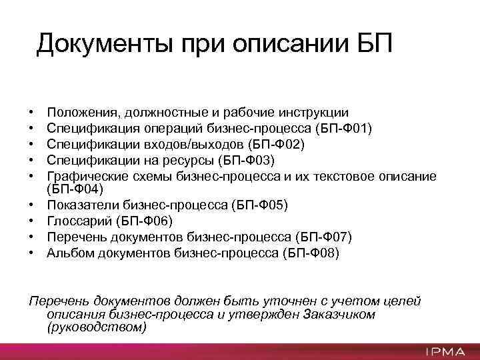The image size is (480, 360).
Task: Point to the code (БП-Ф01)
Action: [x=341, y=128]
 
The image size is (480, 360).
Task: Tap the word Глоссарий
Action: [x=77, y=221]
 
